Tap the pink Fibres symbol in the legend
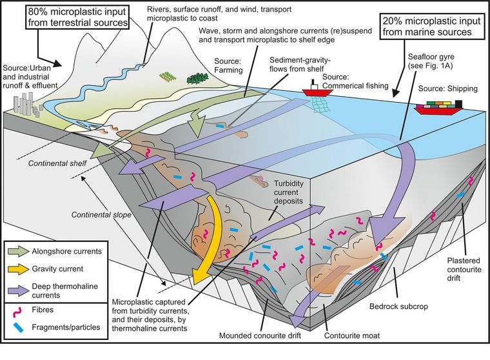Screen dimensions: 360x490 (19, 309)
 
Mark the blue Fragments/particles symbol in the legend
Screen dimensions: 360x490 (19, 327)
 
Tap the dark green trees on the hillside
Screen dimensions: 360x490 (195, 79)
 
